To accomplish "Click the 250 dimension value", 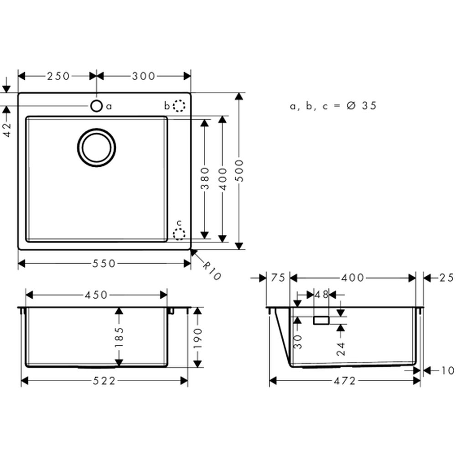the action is tap(58, 76).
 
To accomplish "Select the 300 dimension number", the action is tap(144, 76).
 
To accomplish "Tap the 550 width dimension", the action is tap(104, 264).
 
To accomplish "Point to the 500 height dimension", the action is tap(240, 171).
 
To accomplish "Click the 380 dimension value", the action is tap(205, 178).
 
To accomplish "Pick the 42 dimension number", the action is tap(6, 130).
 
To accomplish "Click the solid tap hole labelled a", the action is tap(97, 106).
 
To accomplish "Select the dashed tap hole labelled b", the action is tap(179, 106).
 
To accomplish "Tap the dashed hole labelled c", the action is tap(179, 234).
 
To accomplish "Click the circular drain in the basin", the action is tap(97, 148).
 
